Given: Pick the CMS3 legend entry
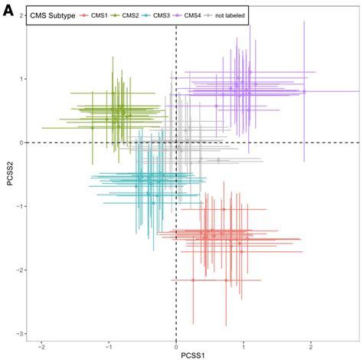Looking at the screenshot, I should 167,15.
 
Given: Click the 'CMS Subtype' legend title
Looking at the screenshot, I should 52,15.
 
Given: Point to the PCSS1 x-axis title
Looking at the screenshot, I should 191,355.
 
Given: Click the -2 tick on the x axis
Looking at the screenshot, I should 41,345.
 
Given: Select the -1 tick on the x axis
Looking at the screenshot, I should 108,345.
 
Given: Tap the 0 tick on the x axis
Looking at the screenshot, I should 176,345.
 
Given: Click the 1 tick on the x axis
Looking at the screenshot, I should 244,345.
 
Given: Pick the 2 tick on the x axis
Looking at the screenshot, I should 312,345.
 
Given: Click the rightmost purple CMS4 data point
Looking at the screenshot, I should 304,91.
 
